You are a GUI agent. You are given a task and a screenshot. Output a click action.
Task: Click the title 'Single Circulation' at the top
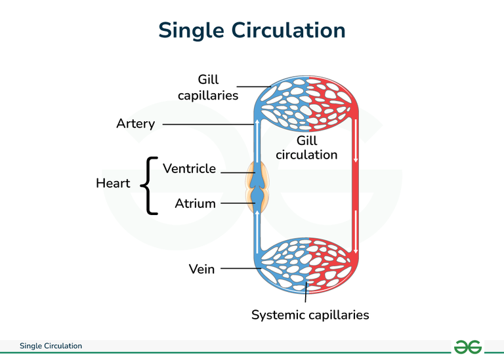click(x=252, y=30)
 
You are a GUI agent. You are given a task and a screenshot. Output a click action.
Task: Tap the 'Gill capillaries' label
click(x=208, y=88)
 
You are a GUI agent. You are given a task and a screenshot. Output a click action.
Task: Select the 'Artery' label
click(x=135, y=123)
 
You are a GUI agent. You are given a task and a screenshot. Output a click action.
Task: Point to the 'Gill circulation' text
click(x=306, y=148)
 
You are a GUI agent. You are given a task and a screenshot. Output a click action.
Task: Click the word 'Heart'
click(x=113, y=184)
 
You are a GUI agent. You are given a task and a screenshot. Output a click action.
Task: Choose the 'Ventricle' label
click(x=189, y=169)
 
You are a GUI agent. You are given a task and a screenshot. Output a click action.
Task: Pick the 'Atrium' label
click(x=195, y=203)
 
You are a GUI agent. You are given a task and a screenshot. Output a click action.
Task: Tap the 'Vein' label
click(x=201, y=269)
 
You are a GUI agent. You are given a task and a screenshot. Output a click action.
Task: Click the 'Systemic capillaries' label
click(x=310, y=315)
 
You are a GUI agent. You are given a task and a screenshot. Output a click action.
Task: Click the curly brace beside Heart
click(x=150, y=185)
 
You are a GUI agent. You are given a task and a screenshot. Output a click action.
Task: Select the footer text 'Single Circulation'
click(x=51, y=346)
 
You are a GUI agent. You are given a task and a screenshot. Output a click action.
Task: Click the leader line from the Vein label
click(x=240, y=268)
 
